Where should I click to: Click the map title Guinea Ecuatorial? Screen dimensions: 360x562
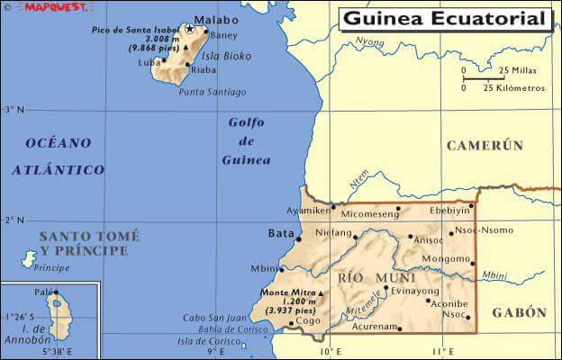tap(445, 19)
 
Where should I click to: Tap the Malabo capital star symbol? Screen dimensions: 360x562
tap(190, 30)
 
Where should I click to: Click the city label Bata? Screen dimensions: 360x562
tap(282, 233)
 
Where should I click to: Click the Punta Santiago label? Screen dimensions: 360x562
tap(213, 92)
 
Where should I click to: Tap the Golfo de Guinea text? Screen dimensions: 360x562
tap(246, 141)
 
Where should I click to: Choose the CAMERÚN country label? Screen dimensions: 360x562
tap(485, 145)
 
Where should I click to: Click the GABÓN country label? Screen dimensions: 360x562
tap(519, 312)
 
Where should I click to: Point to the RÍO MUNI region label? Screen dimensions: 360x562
tap(363, 279)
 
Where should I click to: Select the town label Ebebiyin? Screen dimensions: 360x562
tap(450, 209)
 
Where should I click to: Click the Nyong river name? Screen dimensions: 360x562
tap(369, 41)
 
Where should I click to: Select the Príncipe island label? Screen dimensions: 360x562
tap(51, 268)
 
